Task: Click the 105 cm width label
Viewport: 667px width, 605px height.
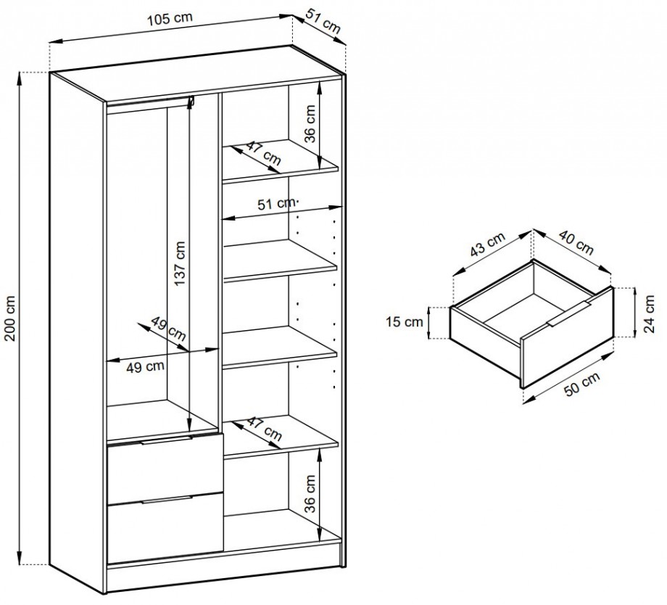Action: [x=170, y=19]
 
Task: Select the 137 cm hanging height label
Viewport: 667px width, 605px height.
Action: [x=180, y=263]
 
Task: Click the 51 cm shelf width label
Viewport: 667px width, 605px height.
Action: [x=275, y=204]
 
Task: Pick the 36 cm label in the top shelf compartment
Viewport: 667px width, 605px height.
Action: [x=310, y=124]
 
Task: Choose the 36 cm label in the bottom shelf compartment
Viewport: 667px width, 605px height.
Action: [x=310, y=494]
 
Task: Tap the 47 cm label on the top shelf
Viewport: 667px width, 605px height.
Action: [x=264, y=154]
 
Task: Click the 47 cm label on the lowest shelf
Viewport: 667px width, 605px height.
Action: [x=264, y=429]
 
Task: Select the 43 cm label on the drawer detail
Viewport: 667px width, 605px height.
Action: [x=488, y=244]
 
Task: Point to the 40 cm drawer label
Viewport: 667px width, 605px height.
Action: [x=576, y=242]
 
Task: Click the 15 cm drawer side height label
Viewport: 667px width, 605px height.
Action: [x=405, y=322]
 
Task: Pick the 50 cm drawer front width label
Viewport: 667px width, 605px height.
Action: [x=582, y=384]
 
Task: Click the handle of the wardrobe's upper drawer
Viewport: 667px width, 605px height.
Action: [x=167, y=440]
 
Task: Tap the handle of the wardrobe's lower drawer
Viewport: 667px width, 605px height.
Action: [x=167, y=499]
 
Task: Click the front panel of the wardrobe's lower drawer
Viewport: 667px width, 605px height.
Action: [x=165, y=528]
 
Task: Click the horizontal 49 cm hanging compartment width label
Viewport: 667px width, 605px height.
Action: [x=146, y=366]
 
